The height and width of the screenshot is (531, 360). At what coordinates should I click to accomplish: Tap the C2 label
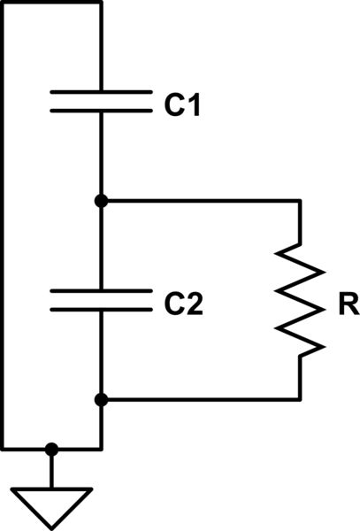coord(184,305)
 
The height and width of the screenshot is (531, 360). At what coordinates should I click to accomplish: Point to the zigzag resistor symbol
coord(300,301)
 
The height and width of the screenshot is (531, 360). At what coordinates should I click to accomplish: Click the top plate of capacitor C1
coord(101,91)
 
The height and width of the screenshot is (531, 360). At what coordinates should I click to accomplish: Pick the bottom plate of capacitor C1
coord(101,111)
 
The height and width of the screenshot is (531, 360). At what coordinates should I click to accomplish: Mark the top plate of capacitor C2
coord(101,290)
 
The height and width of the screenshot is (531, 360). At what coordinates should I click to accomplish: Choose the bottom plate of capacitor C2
coord(101,310)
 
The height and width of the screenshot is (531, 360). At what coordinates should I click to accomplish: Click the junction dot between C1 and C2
coord(102,201)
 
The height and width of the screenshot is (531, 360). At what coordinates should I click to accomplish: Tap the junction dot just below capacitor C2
coord(102,400)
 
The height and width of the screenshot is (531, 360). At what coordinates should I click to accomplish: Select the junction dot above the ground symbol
coord(52,449)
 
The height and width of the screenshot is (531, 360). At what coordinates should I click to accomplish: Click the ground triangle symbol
coord(52,504)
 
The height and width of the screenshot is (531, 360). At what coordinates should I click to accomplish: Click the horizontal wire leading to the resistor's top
coord(203,201)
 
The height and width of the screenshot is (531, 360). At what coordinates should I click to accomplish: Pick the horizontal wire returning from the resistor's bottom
coord(203,400)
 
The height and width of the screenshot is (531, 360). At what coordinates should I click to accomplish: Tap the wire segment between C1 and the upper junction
coord(102,155)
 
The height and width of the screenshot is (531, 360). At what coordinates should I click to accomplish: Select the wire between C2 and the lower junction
coord(102,354)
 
